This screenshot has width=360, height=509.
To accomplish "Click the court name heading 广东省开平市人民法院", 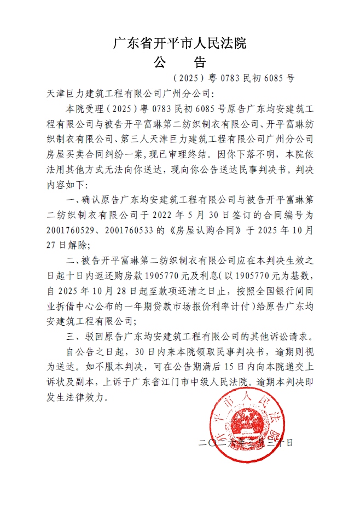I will pyautogui.click(x=179, y=43).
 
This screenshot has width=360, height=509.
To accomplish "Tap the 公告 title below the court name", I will pyautogui.click(x=179, y=61).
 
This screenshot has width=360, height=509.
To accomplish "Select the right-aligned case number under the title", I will pyautogui.click(x=233, y=78).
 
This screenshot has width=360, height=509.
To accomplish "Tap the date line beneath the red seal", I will pyautogui.click(x=246, y=442).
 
